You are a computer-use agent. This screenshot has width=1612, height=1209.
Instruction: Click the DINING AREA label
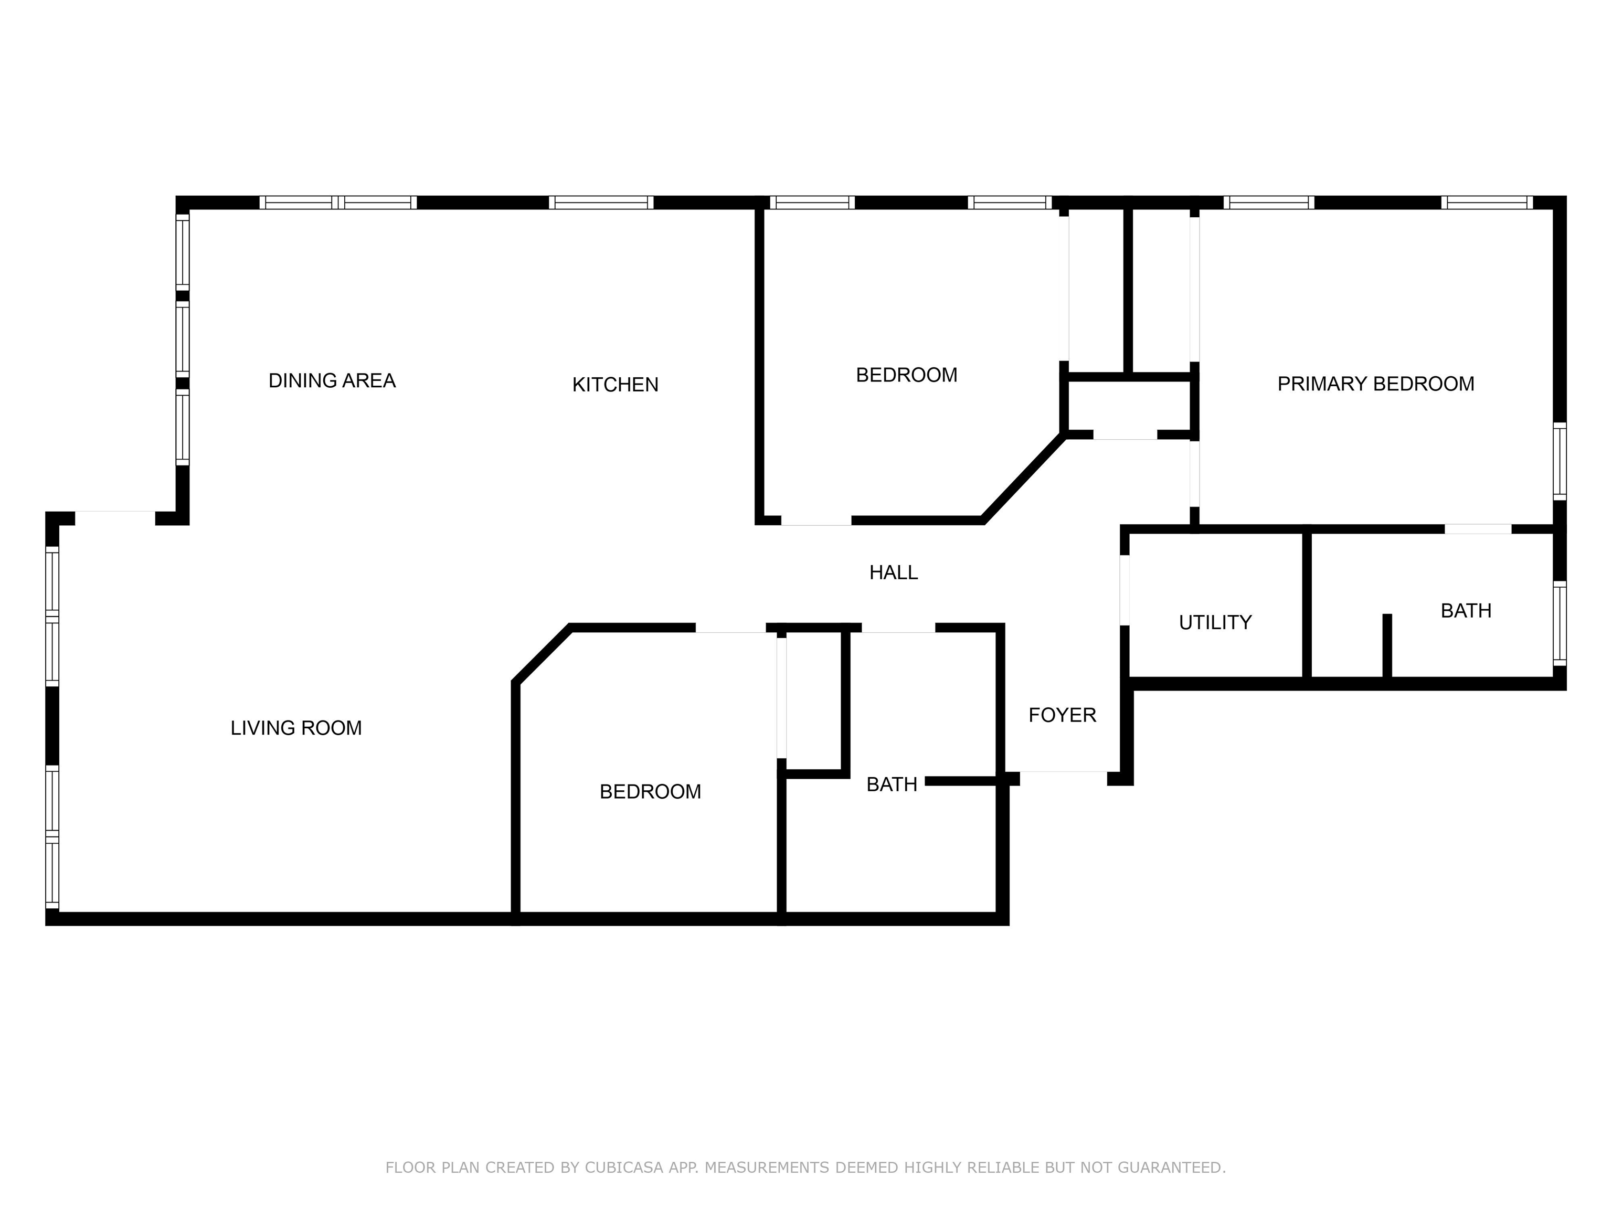click(x=332, y=380)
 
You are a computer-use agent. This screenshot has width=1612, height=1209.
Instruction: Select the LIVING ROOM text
click(x=296, y=728)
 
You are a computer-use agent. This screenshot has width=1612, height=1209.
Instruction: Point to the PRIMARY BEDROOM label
click(x=1376, y=384)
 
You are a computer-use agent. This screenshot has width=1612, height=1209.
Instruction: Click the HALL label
click(x=894, y=573)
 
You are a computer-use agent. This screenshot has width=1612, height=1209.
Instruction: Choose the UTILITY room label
click(x=1215, y=622)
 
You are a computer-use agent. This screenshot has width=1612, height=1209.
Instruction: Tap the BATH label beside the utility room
click(x=1466, y=611)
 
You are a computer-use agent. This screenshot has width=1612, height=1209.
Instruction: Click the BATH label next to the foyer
click(x=892, y=785)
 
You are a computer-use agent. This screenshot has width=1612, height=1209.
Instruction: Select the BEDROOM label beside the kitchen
click(x=907, y=375)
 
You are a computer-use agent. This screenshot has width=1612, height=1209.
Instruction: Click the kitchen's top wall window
click(x=601, y=203)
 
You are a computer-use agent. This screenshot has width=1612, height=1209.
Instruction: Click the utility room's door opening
click(x=1125, y=590)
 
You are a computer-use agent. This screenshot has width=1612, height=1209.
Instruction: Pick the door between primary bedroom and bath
click(x=1478, y=529)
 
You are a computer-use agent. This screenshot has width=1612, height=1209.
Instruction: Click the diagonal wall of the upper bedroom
click(x=1023, y=478)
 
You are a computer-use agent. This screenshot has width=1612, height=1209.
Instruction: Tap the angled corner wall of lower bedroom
click(x=542, y=654)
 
